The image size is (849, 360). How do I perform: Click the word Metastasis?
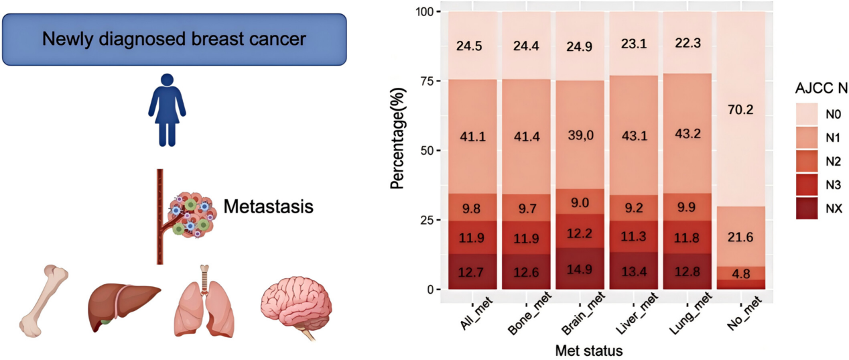pos(268,206)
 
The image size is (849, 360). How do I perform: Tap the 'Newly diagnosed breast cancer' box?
pos(174,39)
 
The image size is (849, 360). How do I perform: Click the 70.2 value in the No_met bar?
pos(741,109)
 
